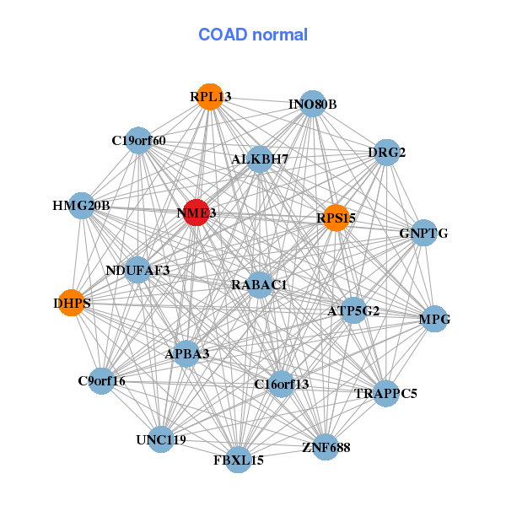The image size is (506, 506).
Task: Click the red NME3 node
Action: coord(196,213)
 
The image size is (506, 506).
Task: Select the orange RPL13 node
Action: coord(210,97)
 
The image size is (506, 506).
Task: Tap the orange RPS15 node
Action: coord(336,218)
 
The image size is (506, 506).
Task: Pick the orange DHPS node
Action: coord(72,303)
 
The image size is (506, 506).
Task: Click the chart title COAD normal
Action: coord(253,35)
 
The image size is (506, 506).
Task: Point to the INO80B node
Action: coord(312,104)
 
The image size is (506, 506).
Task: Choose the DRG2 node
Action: coord(386,153)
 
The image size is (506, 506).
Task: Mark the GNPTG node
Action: coord(423,233)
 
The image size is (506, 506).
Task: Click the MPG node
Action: coord(434,319)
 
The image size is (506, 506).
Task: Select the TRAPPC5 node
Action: coord(386,393)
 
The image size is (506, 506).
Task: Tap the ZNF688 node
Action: coord(326,447)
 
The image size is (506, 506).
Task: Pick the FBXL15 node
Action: coord(239,460)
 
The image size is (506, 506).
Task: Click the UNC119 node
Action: coord(161,439)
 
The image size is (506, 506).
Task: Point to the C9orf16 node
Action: coord(102,381)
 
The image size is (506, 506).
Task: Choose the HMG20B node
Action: coord(82,206)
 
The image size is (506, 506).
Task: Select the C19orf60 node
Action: coord(138,140)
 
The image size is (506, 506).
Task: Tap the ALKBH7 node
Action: coord(260,159)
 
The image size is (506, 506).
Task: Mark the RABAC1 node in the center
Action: coord(260,285)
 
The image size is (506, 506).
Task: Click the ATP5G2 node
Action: coord(353,310)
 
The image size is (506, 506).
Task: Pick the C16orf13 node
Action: coord(282,384)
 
